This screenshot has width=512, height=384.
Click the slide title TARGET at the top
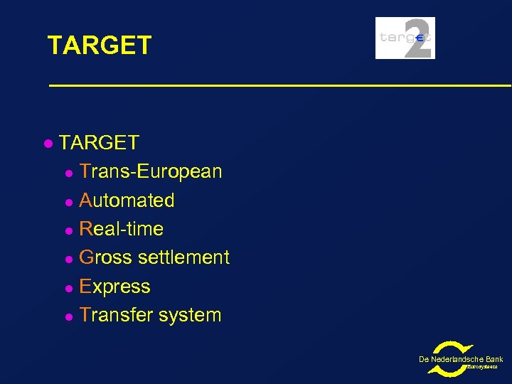click(x=100, y=46)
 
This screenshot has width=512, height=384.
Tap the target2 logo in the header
click(x=405, y=38)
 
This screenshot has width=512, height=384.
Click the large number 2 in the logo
click(x=417, y=38)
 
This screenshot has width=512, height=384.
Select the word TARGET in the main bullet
click(x=99, y=143)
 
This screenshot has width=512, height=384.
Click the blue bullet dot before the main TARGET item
click(x=47, y=144)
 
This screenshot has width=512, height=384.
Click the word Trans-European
click(x=151, y=171)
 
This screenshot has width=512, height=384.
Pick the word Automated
click(x=127, y=201)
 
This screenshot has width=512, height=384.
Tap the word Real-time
click(x=122, y=229)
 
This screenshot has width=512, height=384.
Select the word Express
click(x=115, y=287)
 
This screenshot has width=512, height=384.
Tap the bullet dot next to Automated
click(x=68, y=201)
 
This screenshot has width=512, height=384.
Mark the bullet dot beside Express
click(x=68, y=287)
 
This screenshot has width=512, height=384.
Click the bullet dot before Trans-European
click(x=68, y=172)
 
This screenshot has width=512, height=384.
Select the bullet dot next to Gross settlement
click(x=68, y=258)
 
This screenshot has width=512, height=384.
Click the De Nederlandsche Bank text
click(x=461, y=359)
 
